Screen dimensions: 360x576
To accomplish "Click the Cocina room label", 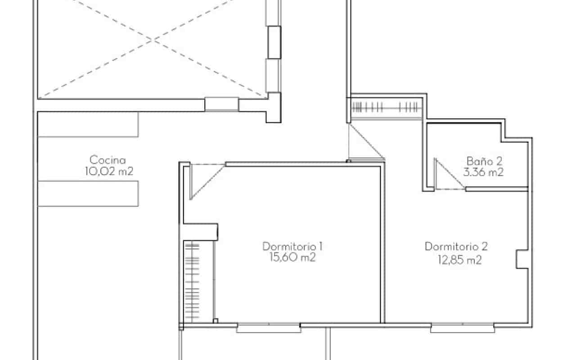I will pos(108,160).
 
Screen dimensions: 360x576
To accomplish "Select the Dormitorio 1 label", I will pos(292,246).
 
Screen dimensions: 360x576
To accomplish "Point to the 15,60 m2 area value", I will pos(292,257).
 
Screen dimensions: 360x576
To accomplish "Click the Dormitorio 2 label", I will pos(456,246).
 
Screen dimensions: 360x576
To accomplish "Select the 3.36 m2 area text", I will pos(483,172).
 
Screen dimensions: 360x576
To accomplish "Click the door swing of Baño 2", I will pos(448,175).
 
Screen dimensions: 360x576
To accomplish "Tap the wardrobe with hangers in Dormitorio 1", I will pos(192,281).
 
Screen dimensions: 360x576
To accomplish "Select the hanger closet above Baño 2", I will pos(386,108).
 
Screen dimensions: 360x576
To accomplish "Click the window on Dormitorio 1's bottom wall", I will pos(269,328).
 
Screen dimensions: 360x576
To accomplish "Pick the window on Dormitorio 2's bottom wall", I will pos(463,328).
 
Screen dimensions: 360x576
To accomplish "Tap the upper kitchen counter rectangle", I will pos(88,125).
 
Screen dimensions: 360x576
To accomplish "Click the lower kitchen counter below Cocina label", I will pos(88,193).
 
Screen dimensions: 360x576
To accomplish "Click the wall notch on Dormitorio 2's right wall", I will pos(522,259).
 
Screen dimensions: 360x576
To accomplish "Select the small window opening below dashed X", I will pos(221,104).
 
